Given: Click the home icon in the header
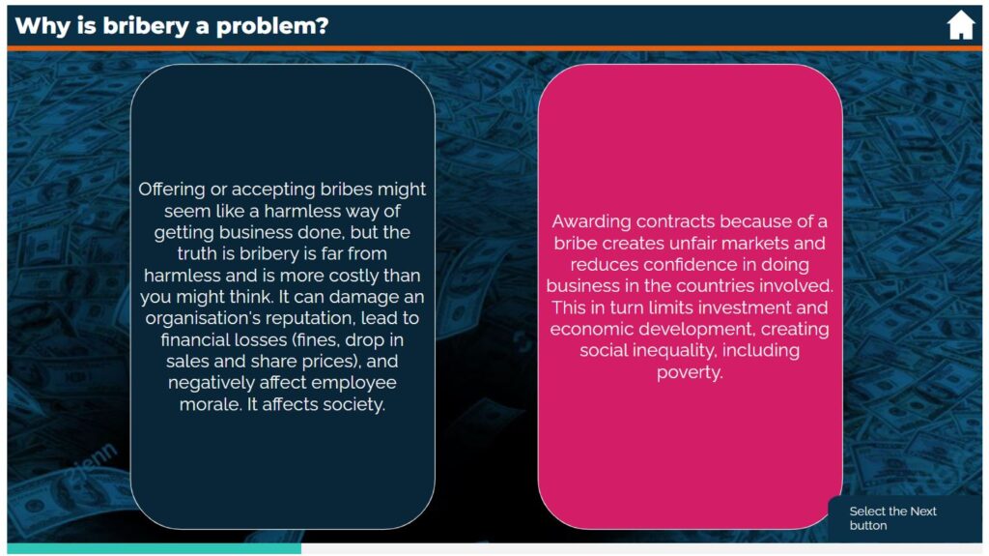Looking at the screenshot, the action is pos(961,25).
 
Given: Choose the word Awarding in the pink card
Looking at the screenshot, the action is pos(592,221).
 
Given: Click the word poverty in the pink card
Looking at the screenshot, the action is pos(690,372).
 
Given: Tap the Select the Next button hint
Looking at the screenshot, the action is pos(892,518).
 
